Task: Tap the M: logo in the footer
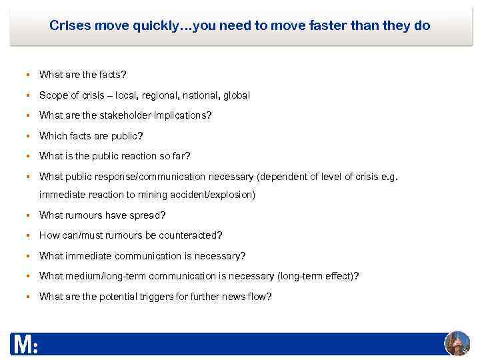(25, 345)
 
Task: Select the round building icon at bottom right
(457, 343)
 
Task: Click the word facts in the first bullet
(109, 75)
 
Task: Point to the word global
(237, 95)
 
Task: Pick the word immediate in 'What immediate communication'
(89, 256)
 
